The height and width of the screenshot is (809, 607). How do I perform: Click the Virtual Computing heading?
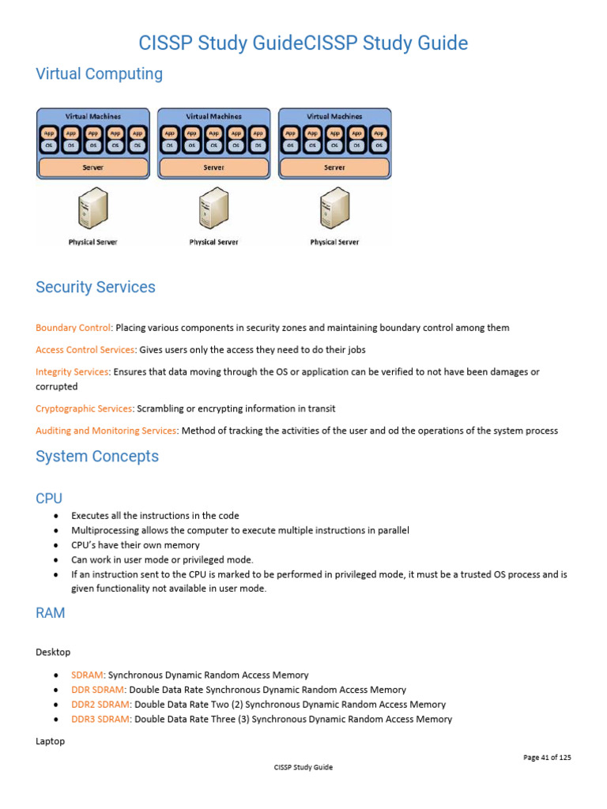99,74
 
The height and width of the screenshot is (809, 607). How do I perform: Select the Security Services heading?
96,288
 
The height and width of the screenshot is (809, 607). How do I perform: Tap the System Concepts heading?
97,457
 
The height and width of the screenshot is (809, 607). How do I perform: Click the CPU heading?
49,498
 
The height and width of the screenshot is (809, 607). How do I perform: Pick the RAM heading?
51,613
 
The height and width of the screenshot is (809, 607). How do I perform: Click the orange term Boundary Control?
73,328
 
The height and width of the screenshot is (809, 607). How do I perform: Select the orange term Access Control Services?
85,349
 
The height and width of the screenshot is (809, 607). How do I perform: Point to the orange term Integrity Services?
72,371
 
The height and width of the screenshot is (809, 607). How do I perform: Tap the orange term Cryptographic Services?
85,408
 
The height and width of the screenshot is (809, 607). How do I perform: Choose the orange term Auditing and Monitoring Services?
106,431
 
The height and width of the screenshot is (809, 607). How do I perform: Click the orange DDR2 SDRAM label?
100,705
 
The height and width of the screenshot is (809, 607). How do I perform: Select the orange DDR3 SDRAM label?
100,719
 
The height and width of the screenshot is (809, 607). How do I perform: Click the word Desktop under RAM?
53,652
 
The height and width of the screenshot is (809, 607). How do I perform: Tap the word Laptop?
51,742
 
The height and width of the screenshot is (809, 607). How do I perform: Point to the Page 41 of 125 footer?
547,758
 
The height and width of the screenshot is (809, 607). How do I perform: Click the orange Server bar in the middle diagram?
213,167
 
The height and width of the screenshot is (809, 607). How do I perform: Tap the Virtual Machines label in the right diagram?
334,116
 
